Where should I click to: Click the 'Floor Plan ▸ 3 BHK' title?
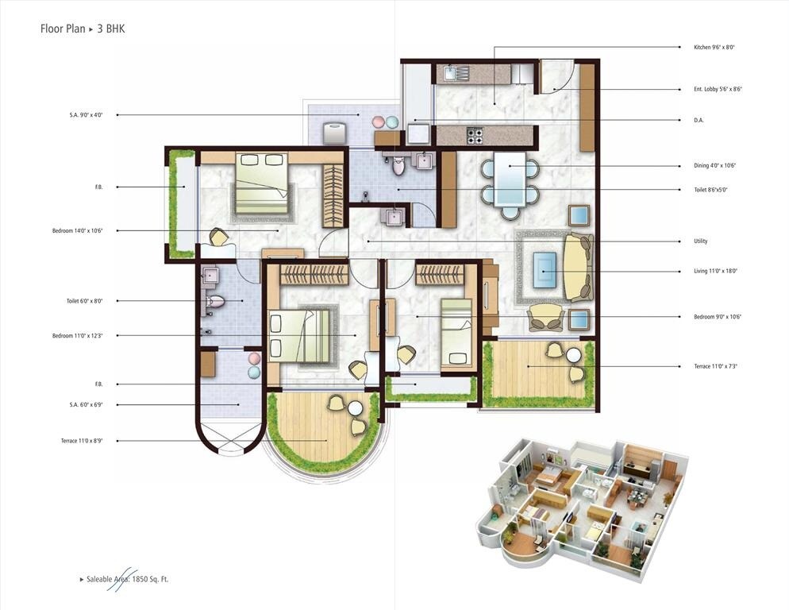point(83,29)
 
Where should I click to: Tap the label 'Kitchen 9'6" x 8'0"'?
point(718,48)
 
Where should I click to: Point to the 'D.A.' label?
point(699,121)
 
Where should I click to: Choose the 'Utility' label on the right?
point(700,241)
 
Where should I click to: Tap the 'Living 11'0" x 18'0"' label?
point(715,272)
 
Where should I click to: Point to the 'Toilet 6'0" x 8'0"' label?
point(85,301)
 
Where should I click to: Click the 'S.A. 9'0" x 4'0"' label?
point(86,115)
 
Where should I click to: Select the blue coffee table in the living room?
point(545,267)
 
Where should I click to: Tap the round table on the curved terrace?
point(355,409)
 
